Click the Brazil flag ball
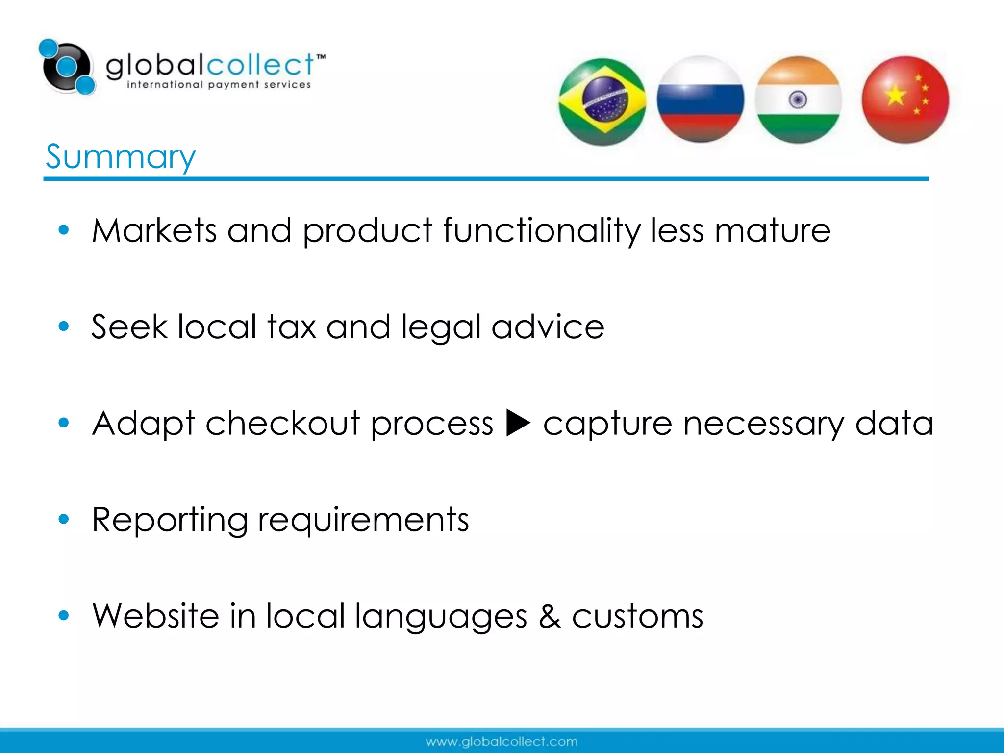pyautogui.click(x=602, y=101)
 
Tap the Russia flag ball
pyautogui.click(x=700, y=100)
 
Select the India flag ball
pyautogui.click(x=798, y=100)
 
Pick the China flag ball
pyautogui.click(x=905, y=100)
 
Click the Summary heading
pyautogui.click(x=121, y=157)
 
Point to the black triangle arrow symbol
pyautogui.click(x=518, y=423)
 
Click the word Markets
pyautogui.click(x=154, y=230)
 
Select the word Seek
pyautogui.click(x=129, y=326)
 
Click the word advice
pyautogui.click(x=548, y=326)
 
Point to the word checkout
pyautogui.click(x=283, y=423)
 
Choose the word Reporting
pyautogui.click(x=170, y=520)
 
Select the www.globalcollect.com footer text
pyautogui.click(x=502, y=742)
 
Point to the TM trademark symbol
pyautogui.click(x=321, y=57)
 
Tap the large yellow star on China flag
pyautogui.click(x=895, y=95)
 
